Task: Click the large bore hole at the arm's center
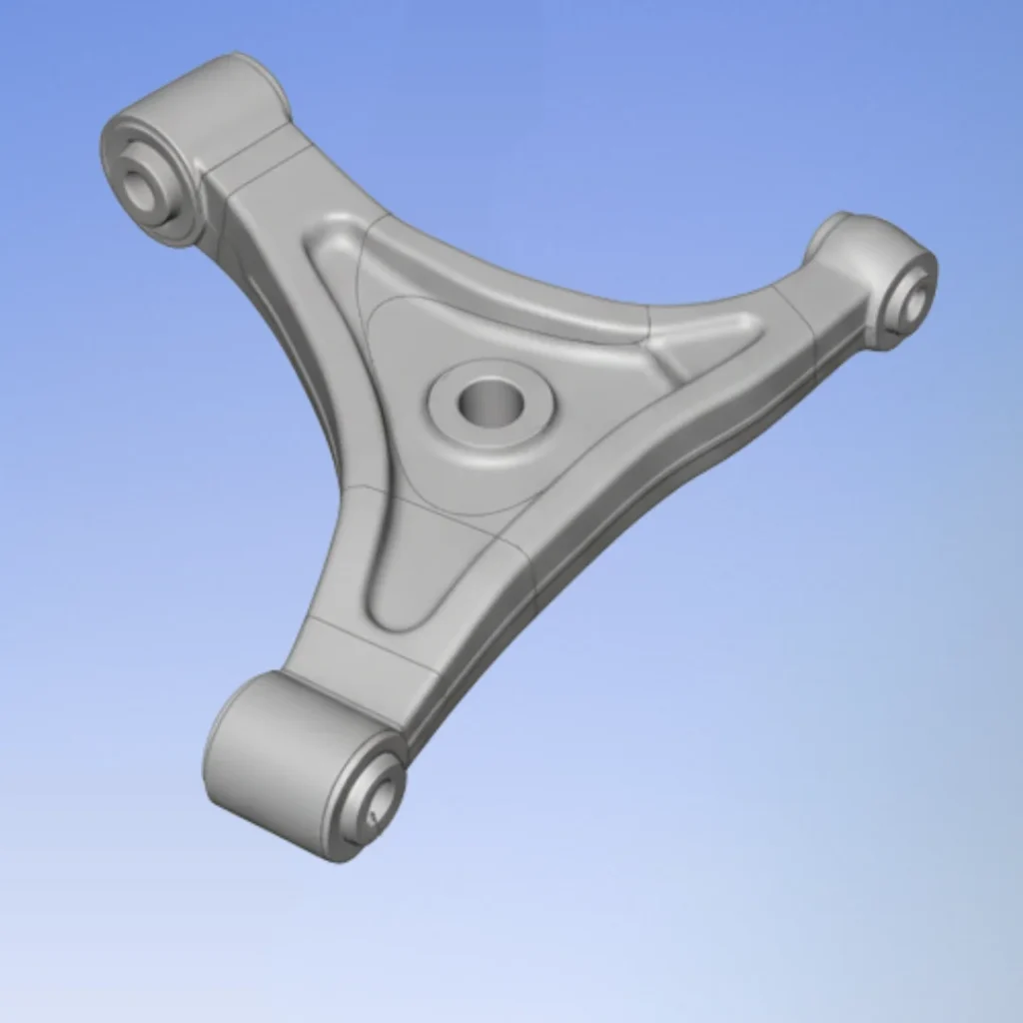pyautogui.click(x=491, y=402)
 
